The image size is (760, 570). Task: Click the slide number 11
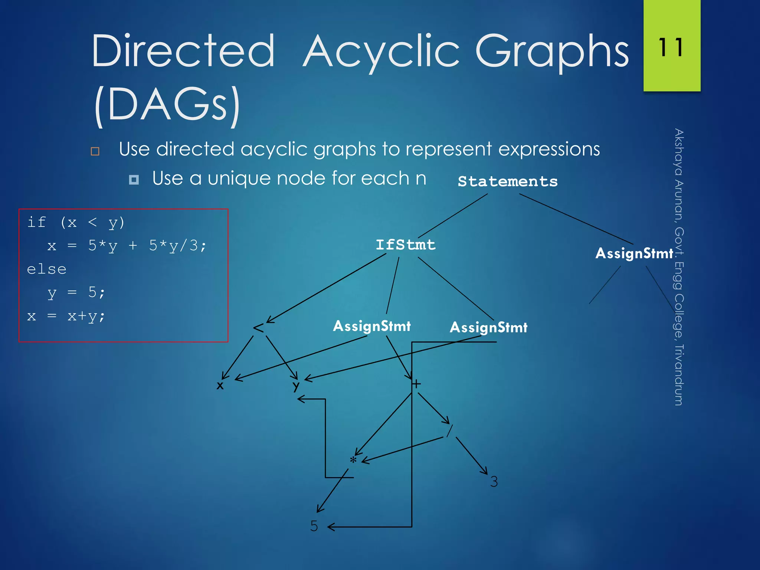[671, 47]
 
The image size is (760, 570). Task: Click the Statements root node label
[507, 181]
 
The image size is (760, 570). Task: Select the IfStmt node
[405, 245]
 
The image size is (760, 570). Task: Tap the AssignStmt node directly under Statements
[634, 253]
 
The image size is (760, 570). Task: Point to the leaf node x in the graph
[220, 386]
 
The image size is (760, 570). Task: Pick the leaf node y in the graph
[296, 386]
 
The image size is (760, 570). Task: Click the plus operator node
[417, 384]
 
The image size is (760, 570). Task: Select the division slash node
[449, 431]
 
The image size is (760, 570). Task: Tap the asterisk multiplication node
[353, 461]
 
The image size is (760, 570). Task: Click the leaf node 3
[494, 482]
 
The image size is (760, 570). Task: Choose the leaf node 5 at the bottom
[314, 526]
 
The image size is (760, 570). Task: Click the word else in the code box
[47, 269]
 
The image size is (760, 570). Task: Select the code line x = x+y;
[66, 316]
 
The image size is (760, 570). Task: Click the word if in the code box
[36, 222]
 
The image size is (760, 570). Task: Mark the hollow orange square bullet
[95, 151]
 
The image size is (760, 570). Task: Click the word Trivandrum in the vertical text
[678, 375]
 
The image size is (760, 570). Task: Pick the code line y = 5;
[76, 293]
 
